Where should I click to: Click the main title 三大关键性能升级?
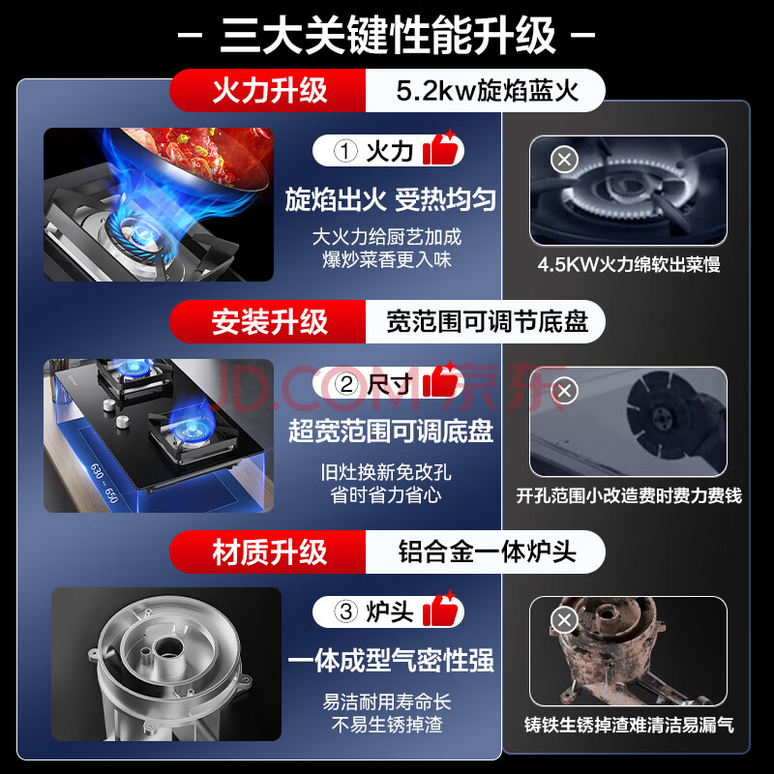[387, 35]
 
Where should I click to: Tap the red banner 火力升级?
[270, 90]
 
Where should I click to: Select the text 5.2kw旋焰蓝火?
[488, 91]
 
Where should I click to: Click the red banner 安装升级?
[270, 322]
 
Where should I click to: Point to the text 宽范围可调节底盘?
[488, 322]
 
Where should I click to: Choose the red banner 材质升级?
[270, 551]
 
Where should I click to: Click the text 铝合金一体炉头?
[488, 551]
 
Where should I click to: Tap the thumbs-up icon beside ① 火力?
[440, 148]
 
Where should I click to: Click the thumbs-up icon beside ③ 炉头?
[440, 610]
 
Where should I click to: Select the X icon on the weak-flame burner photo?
[565, 159]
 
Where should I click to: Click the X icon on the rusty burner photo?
[565, 620]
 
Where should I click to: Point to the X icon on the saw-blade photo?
[565, 391]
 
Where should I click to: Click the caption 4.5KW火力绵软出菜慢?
[629, 264]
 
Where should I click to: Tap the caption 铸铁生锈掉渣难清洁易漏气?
[629, 725]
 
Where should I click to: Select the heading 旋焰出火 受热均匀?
[390, 200]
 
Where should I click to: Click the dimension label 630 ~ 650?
[104, 483]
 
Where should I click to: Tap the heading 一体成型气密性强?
[390, 660]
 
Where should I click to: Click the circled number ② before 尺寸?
[346, 383]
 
